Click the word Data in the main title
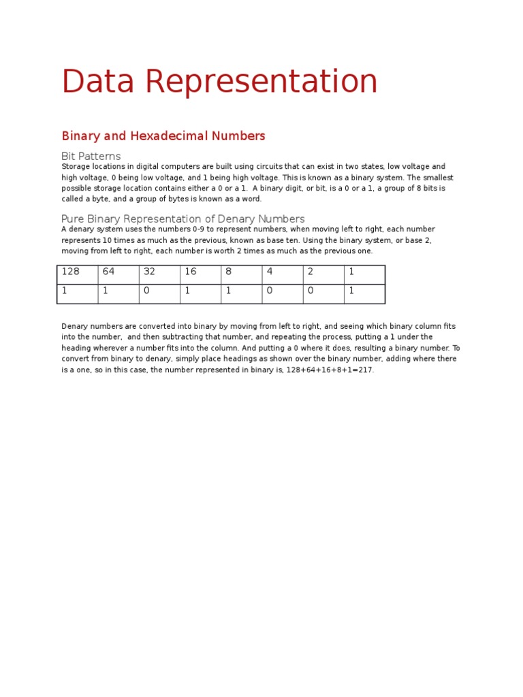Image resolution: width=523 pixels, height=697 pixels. click(x=96, y=82)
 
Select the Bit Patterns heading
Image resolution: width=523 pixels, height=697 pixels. click(x=91, y=156)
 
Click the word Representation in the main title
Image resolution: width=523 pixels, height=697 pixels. click(x=261, y=82)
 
